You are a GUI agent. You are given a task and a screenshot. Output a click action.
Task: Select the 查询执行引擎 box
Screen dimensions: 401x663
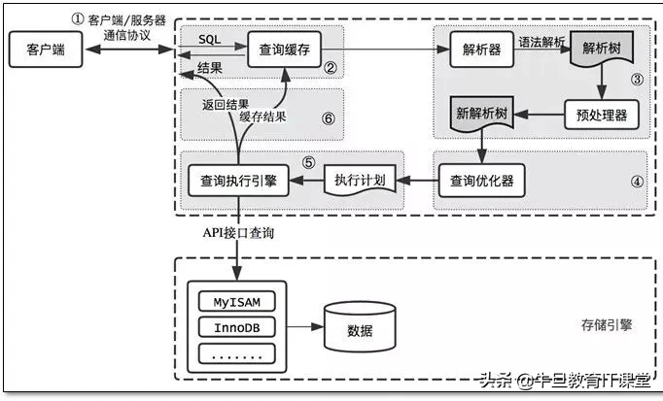238,180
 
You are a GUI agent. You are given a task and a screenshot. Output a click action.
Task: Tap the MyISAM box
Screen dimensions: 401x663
236,301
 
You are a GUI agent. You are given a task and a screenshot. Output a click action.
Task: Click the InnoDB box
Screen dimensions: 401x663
236,327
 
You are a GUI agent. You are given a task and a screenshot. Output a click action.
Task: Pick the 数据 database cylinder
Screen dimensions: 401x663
361,327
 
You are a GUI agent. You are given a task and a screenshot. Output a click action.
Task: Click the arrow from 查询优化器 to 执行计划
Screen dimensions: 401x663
419,180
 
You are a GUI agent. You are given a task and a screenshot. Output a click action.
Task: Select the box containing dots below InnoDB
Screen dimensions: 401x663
236,353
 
